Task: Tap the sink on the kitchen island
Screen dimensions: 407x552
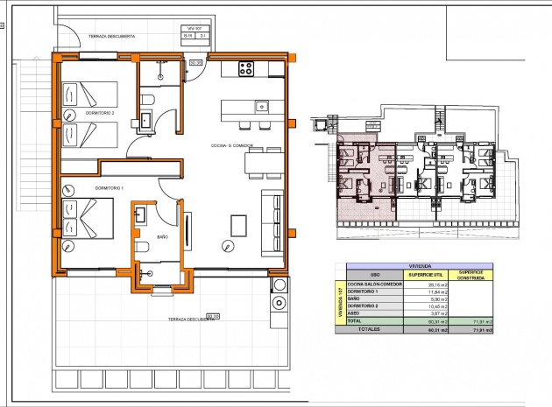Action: tap(260, 107)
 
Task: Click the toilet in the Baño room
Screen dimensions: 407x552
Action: tap(145, 249)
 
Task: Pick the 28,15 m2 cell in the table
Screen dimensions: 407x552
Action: tap(433, 284)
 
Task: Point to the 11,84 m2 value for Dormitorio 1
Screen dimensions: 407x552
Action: tap(433, 291)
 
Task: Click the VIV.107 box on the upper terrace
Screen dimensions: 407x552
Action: tap(195, 33)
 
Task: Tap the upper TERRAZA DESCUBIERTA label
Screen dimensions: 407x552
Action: tap(111, 37)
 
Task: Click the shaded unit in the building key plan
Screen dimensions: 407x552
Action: tap(364, 175)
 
